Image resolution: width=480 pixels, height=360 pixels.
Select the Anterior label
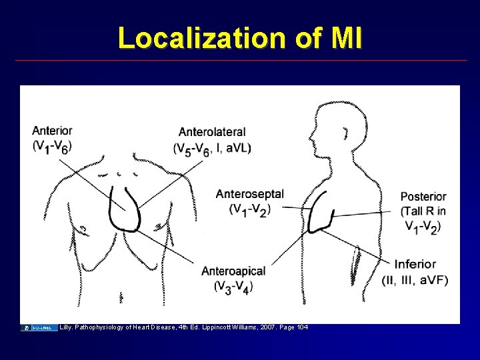pos(52,131)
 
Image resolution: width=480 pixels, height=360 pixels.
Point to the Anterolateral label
pos(212,132)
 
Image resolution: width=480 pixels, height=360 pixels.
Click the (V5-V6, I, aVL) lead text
pos(212,147)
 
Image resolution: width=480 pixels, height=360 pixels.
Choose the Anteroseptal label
pos(249,194)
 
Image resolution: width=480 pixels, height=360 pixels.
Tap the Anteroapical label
pos(233,271)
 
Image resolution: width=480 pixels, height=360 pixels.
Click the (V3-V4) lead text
pos(233,286)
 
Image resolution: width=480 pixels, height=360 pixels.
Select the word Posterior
pos(423,197)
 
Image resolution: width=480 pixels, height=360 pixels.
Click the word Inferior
pos(415,265)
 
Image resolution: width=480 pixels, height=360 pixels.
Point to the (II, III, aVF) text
pos(415,279)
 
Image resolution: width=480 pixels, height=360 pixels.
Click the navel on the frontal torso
pos(121,294)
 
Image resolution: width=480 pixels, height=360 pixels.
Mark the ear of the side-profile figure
pos(345,134)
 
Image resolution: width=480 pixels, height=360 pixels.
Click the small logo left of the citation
pos(39,327)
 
